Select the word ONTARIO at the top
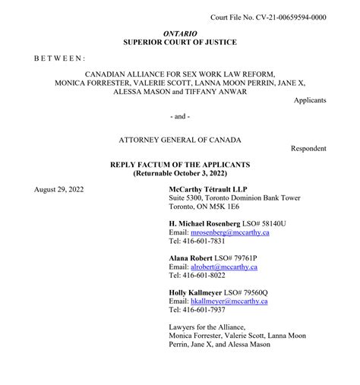coord(180,34)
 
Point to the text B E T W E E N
coord(59,58)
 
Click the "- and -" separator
coord(180,116)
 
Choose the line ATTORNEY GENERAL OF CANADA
coord(180,140)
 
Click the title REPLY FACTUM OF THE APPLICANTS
coord(180,165)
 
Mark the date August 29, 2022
coord(59,188)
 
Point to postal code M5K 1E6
coord(238,207)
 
